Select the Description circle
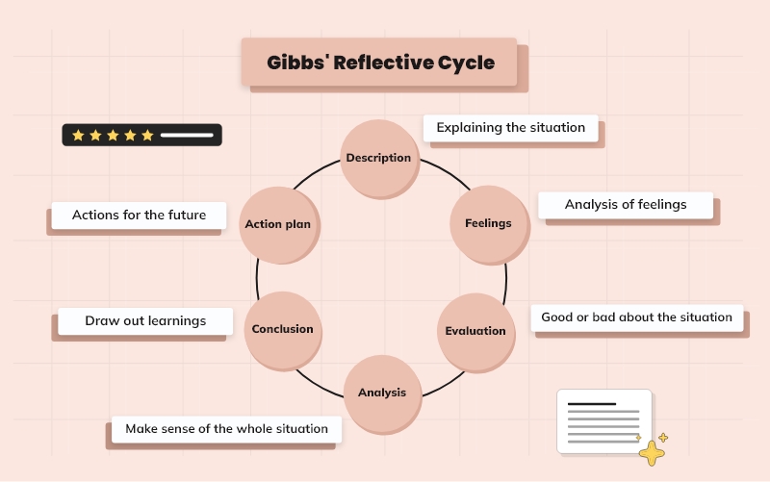click(379, 158)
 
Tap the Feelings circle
click(488, 223)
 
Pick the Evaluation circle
click(475, 331)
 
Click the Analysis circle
click(382, 393)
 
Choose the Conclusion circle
click(282, 329)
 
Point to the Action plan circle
click(277, 224)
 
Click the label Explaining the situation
click(510, 128)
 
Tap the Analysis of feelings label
click(626, 205)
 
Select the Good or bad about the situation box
click(636, 317)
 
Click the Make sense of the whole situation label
click(226, 429)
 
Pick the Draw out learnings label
click(145, 321)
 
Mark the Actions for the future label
click(139, 216)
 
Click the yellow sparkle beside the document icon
click(653, 451)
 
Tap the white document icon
click(603, 420)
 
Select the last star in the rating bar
click(147, 136)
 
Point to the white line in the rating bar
click(187, 136)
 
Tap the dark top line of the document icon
click(592, 404)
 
